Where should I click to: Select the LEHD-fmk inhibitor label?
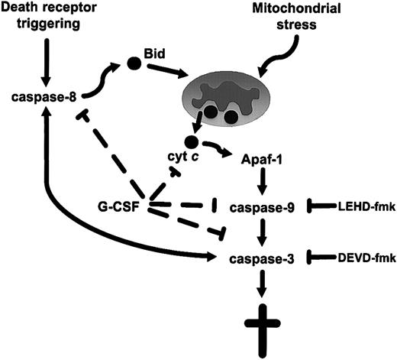364,206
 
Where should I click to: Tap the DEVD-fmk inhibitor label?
364,259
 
